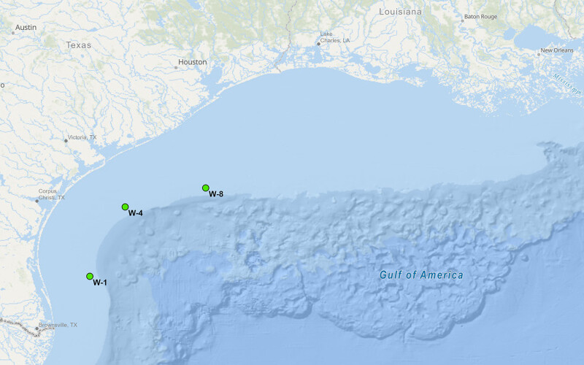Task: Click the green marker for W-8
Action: point(206,188)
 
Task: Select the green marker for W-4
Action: point(126,207)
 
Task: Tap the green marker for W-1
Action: point(90,277)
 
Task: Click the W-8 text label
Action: point(216,194)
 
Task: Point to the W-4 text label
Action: point(135,213)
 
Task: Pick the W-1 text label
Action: point(100,283)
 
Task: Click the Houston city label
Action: point(193,62)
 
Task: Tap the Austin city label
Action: point(26,27)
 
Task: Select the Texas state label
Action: point(79,45)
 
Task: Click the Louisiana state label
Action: point(401,12)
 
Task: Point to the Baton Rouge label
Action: point(480,17)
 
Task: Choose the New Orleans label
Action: point(556,51)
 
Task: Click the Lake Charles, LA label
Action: point(336,36)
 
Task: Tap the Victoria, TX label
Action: point(82,137)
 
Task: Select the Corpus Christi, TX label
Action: point(51,194)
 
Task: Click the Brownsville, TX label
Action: point(58,325)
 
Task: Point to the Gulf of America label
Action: point(421,275)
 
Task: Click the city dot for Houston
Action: point(176,67)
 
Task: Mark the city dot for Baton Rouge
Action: point(461,20)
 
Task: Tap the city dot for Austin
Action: point(13,32)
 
